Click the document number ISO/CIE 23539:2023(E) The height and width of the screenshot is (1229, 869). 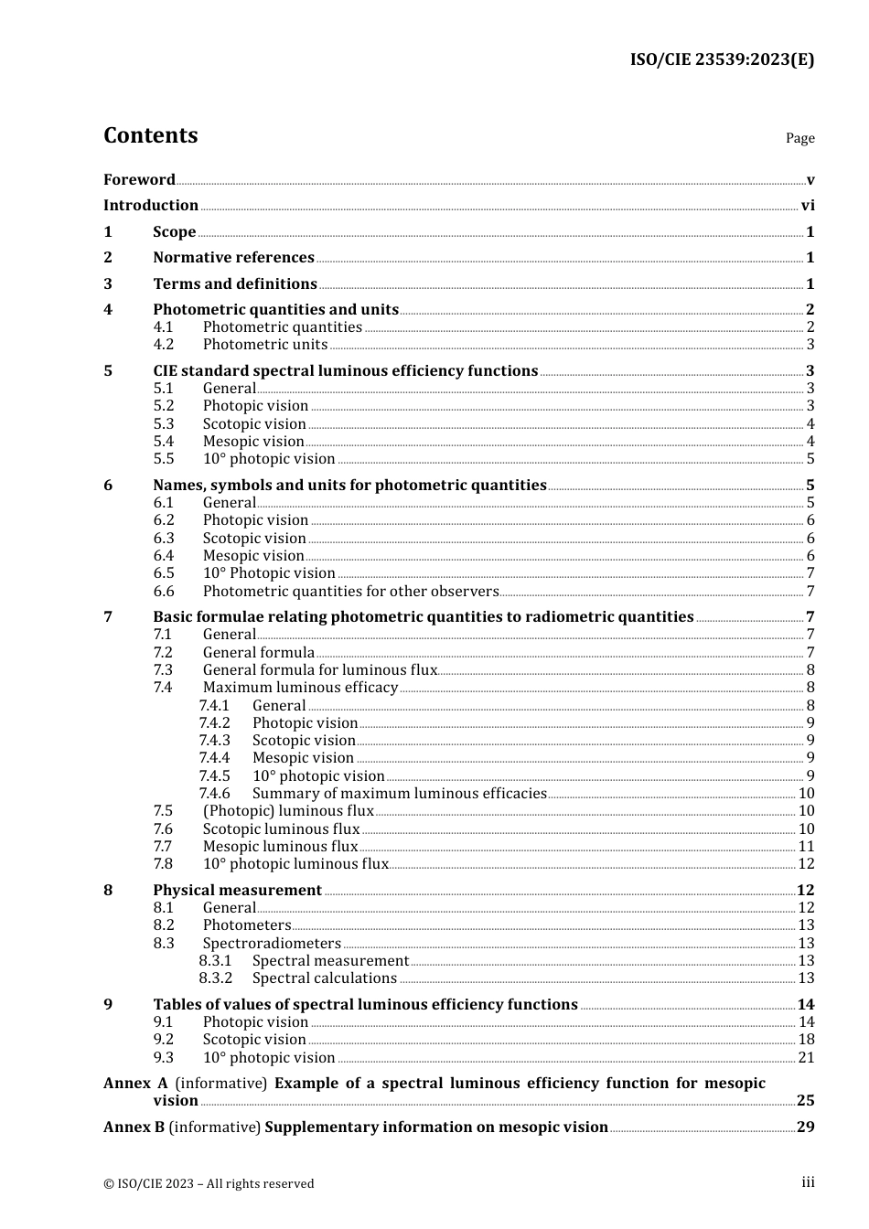[722, 59]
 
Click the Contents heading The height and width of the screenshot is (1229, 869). [150, 135]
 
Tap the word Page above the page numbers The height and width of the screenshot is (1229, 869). [799, 138]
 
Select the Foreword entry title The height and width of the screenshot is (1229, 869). [139, 179]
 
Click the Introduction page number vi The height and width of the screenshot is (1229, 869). [807, 206]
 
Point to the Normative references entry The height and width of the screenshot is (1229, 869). [233, 258]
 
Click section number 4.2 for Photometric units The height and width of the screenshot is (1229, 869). [164, 345]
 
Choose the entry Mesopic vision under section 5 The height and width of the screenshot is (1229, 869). [253, 442]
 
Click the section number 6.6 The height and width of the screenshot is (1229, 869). [164, 592]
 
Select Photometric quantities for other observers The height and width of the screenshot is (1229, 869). [350, 592]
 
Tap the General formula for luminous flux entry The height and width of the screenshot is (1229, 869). [320, 670]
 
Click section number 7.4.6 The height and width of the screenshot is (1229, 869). [215, 794]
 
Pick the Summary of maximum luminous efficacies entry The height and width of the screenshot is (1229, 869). [399, 794]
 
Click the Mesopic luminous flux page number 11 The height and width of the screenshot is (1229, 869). [806, 847]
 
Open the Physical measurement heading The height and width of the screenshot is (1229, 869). [237, 891]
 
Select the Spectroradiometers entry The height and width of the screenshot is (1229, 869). [272, 944]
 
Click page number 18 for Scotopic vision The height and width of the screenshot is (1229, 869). [806, 1040]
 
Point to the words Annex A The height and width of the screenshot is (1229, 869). [135, 1084]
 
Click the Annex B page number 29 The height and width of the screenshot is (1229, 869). [805, 1127]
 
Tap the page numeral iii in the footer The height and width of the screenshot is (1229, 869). [808, 1182]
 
